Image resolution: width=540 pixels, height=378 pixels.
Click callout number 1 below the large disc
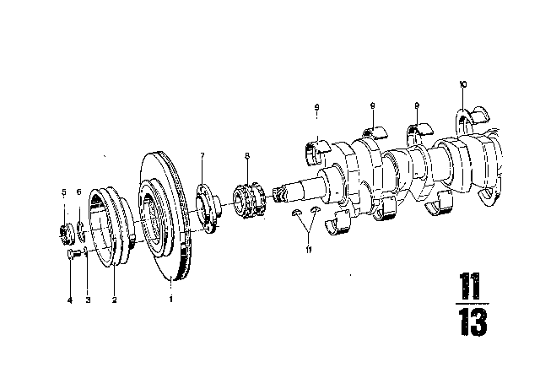[x=171, y=300]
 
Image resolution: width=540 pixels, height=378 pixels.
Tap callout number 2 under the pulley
[x=114, y=300]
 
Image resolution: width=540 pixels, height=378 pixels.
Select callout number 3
[x=87, y=300]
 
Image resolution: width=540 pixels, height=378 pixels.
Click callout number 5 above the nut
[x=63, y=193]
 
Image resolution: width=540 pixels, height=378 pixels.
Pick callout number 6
[x=78, y=193]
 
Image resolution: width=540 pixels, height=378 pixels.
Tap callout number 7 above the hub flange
[x=202, y=155]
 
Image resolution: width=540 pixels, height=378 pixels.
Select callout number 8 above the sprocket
[x=246, y=155]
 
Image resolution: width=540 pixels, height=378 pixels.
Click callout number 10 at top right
[x=462, y=84]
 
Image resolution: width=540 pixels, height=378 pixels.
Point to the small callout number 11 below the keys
[x=308, y=251]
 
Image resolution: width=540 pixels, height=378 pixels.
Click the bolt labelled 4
[x=72, y=253]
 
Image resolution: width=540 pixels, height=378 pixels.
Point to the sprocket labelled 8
[x=248, y=202]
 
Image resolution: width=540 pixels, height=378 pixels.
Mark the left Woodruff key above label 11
[x=297, y=213]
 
